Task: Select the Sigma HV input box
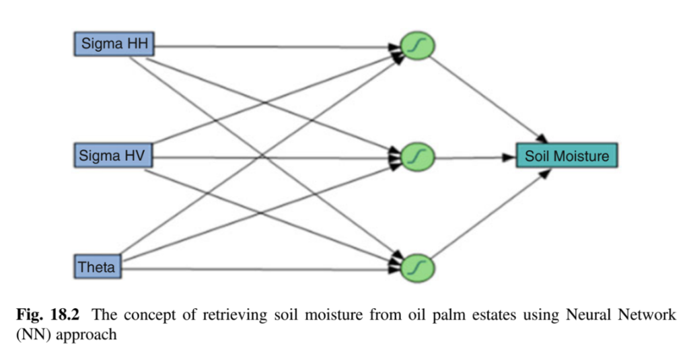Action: (x=114, y=157)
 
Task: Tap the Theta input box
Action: (x=97, y=267)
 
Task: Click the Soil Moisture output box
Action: (x=567, y=157)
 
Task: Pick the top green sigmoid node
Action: (x=418, y=46)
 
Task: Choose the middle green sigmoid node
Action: (x=418, y=157)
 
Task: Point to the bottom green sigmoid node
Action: (x=418, y=268)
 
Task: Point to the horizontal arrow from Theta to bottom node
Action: (x=262, y=269)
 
